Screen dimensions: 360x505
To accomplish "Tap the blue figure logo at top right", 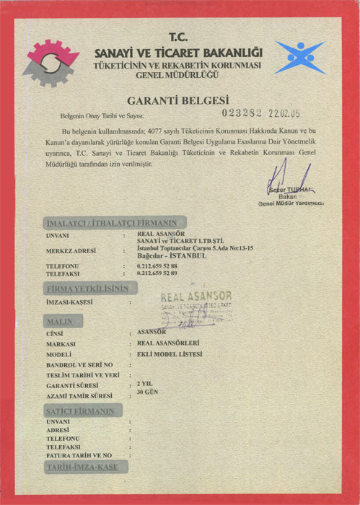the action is coord(300,58).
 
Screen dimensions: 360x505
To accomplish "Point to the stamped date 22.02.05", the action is coord(284,114).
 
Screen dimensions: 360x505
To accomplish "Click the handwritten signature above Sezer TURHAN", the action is coord(285,177).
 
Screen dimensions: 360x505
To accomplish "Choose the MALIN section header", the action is coord(61,320).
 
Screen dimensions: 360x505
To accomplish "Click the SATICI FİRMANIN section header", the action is coord(80,410).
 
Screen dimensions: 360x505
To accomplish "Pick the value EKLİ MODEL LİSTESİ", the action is coord(169,354).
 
